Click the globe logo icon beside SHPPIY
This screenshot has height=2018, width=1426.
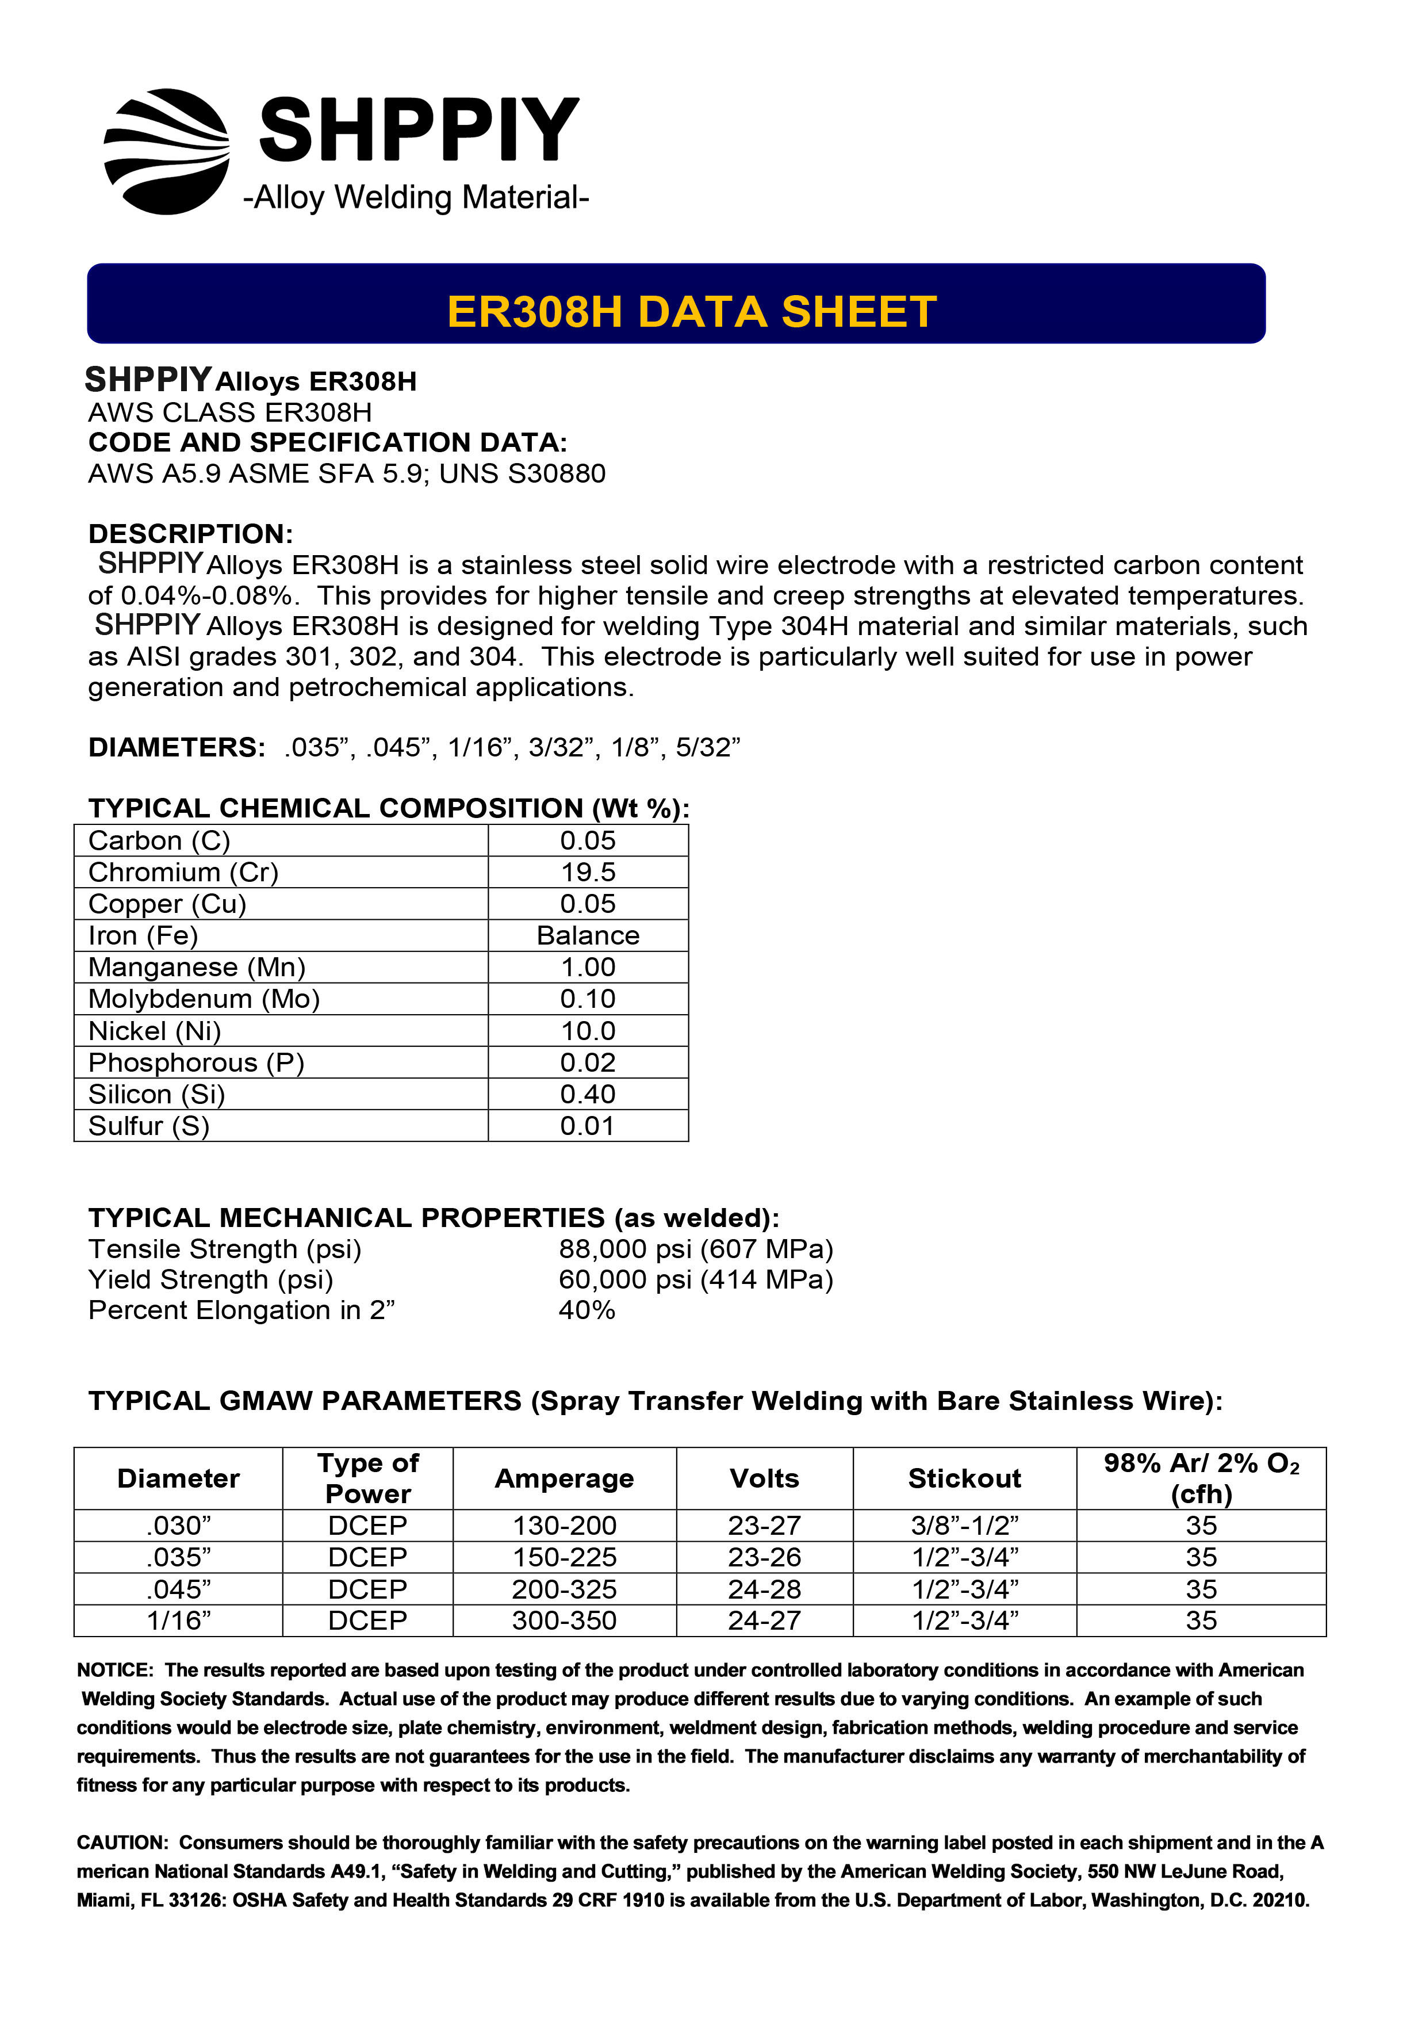pos(167,151)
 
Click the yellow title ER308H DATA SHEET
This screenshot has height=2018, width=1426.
pos(692,312)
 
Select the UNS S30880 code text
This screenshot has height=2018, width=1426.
pos(522,474)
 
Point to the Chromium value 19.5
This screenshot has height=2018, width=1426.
pos(588,872)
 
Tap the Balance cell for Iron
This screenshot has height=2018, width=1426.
pos(588,935)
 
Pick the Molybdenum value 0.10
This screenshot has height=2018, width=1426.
pos(588,999)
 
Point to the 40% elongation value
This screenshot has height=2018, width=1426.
pos(587,1310)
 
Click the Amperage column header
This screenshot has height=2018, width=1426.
pos(564,1478)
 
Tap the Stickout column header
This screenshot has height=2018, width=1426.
pos(964,1478)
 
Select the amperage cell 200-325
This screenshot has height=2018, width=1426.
pos(564,1589)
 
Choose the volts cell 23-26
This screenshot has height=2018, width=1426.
pos(764,1557)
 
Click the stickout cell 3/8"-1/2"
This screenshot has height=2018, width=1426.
pos(964,1526)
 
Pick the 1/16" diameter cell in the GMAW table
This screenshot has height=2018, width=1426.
pos(178,1620)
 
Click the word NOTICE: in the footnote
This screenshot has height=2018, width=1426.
pos(115,1670)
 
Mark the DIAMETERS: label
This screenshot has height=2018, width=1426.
pos(177,748)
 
